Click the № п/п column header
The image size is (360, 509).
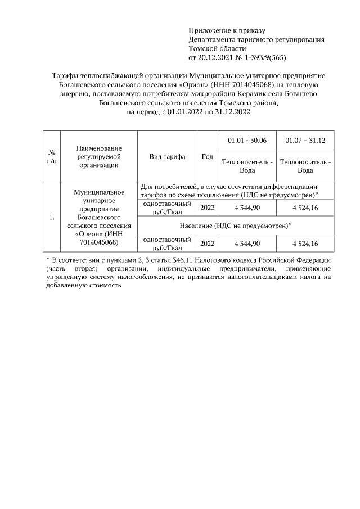pos(52,157)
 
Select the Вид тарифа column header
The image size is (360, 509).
pos(167,157)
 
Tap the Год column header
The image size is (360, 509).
pos(207,157)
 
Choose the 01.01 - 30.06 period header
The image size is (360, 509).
pos(247,140)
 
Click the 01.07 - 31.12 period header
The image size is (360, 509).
pos(305,140)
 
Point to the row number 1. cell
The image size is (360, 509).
pos(52,217)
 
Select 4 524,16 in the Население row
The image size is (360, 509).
pos(305,244)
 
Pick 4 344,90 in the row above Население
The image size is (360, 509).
pos(247,208)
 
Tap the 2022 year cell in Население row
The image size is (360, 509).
pos(207,244)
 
